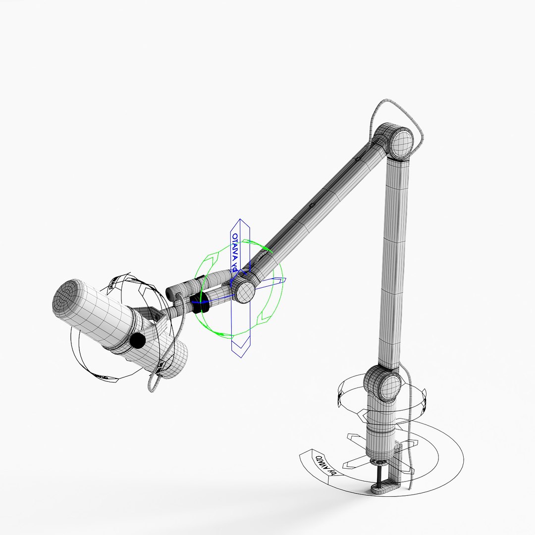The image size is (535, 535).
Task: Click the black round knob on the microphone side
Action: (x=137, y=340)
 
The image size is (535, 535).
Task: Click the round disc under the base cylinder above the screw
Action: (x=380, y=463)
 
